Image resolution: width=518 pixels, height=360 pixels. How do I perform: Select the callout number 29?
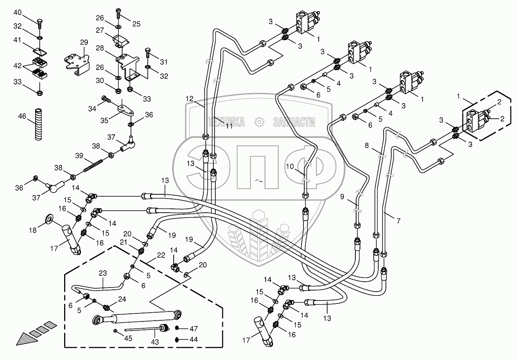pyautogui.click(x=84, y=42)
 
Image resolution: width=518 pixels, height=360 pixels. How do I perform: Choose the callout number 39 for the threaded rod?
pyautogui.click(x=79, y=155)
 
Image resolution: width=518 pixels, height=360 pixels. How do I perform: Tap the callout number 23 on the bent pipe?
pyautogui.click(x=103, y=273)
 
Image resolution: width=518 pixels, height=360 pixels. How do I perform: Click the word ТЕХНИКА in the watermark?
pyautogui.click(x=226, y=122)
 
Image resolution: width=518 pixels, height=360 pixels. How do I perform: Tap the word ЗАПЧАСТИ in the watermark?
pyautogui.click(x=294, y=122)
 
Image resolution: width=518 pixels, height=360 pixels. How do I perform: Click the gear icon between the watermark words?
pyautogui.click(x=260, y=122)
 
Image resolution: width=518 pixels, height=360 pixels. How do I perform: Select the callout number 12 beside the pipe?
pyautogui.click(x=190, y=99)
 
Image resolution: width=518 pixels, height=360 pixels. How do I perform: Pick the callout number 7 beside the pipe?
pyautogui.click(x=398, y=221)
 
